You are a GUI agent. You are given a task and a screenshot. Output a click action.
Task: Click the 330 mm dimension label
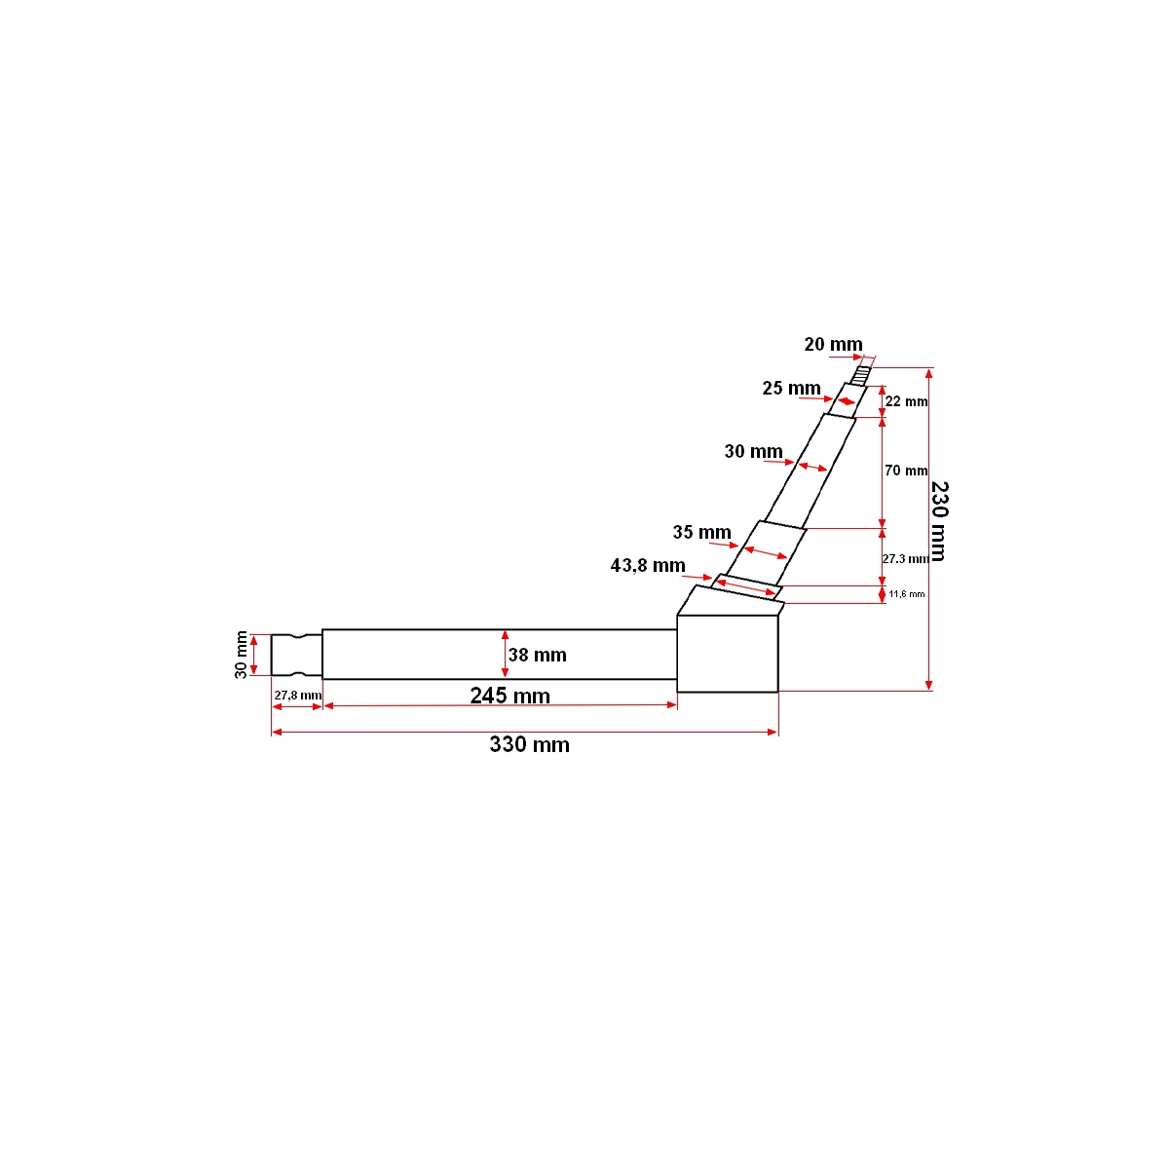click(x=529, y=745)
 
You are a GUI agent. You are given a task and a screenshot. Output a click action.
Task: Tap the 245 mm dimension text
click(x=509, y=696)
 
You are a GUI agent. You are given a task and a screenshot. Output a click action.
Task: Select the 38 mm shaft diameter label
click(x=537, y=655)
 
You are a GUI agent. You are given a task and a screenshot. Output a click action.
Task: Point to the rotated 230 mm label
click(x=938, y=521)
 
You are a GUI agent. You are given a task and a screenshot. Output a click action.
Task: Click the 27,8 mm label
click(x=297, y=695)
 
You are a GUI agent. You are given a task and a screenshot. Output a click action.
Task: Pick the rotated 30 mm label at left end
click(x=241, y=655)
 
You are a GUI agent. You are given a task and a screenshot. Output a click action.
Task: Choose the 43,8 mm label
click(x=648, y=565)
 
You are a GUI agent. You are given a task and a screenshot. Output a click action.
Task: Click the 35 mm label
click(x=701, y=532)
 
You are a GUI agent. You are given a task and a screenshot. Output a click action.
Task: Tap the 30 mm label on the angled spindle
click(x=753, y=451)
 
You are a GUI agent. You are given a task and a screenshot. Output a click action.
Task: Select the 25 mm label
click(x=791, y=388)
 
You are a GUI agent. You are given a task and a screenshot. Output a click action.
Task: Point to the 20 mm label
click(x=833, y=344)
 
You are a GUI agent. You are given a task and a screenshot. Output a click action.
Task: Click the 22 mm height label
click(x=906, y=401)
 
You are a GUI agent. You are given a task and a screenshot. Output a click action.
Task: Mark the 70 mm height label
click(x=906, y=471)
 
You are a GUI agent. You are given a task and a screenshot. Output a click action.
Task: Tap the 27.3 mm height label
click(x=905, y=559)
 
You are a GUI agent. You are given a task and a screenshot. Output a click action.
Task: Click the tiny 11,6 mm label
click(x=906, y=593)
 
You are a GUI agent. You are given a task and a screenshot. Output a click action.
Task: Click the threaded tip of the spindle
click(x=862, y=374)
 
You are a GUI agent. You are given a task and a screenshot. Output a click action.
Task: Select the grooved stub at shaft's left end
click(x=296, y=654)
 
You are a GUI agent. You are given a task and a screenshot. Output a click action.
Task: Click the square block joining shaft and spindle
click(x=727, y=653)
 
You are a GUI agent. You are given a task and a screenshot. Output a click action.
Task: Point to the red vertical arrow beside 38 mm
click(x=505, y=654)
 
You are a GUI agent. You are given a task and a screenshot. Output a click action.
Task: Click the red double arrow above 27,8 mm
click(x=296, y=705)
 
